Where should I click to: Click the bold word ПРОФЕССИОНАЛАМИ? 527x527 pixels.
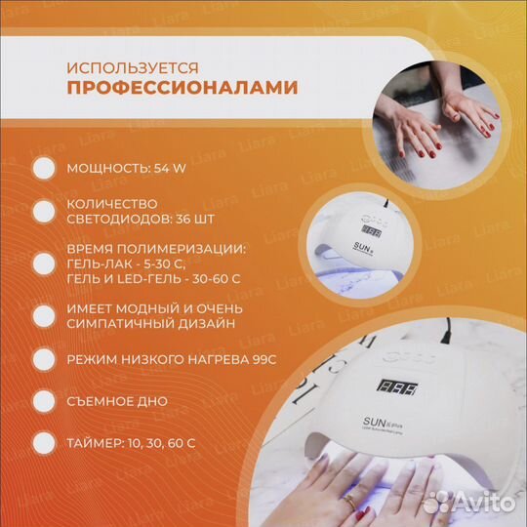click(182, 89)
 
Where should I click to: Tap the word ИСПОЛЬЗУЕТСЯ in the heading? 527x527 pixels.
click(133, 67)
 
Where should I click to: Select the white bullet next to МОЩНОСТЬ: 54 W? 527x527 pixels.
click(43, 168)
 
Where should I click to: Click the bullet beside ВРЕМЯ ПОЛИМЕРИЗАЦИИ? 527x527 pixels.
click(43, 263)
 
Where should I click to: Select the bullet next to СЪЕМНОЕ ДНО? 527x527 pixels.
click(43, 401)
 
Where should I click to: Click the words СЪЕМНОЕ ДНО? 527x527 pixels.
click(116, 401)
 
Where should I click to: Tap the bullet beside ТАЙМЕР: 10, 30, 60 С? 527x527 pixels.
click(43, 442)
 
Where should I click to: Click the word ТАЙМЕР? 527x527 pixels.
click(94, 442)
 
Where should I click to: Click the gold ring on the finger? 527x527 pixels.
click(349, 500)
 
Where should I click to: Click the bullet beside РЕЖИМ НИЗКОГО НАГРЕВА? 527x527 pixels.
click(43, 359)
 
